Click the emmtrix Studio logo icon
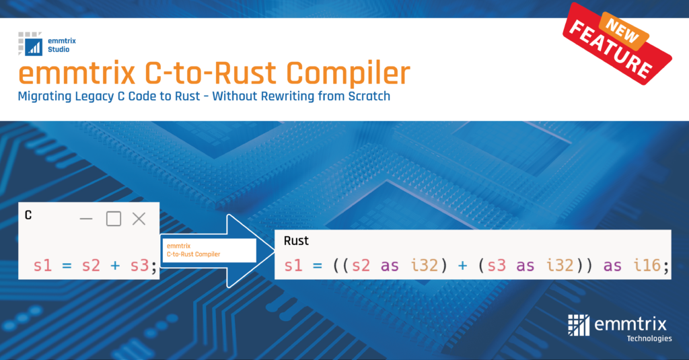(x=31, y=43)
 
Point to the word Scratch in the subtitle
(x=366, y=96)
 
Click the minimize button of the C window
(x=86, y=219)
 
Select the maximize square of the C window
(x=113, y=219)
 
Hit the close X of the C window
(x=139, y=219)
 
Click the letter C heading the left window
(x=28, y=216)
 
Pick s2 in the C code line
(x=92, y=266)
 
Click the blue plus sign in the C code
(x=115, y=266)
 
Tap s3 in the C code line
(x=139, y=266)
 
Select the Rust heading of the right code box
(x=296, y=241)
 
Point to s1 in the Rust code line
(x=293, y=266)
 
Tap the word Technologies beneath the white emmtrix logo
(x=649, y=338)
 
